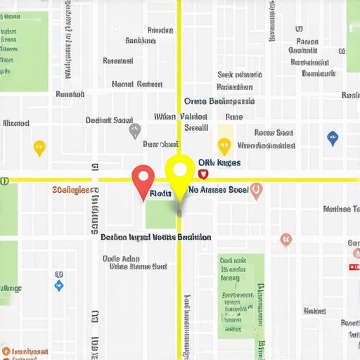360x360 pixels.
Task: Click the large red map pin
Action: (143, 180)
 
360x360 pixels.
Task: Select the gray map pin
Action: (135, 131)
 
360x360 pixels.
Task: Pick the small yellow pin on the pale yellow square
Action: (224, 146)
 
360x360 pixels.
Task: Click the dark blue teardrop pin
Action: (333, 138)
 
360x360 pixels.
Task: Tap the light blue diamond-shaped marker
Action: (59, 285)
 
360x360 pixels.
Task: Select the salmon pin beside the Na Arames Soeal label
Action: (256, 190)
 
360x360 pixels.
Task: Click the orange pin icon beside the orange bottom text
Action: (6, 351)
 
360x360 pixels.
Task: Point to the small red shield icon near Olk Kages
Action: (203, 173)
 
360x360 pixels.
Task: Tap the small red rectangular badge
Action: (353, 266)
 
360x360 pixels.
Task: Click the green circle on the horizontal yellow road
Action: (4, 181)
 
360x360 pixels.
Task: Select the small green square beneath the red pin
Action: (160, 214)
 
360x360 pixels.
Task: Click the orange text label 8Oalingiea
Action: (71, 190)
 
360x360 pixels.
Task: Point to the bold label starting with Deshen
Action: (155, 238)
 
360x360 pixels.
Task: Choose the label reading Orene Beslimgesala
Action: (219, 101)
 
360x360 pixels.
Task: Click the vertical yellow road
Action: (179, 70)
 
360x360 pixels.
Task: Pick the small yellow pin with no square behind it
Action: (39, 148)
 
